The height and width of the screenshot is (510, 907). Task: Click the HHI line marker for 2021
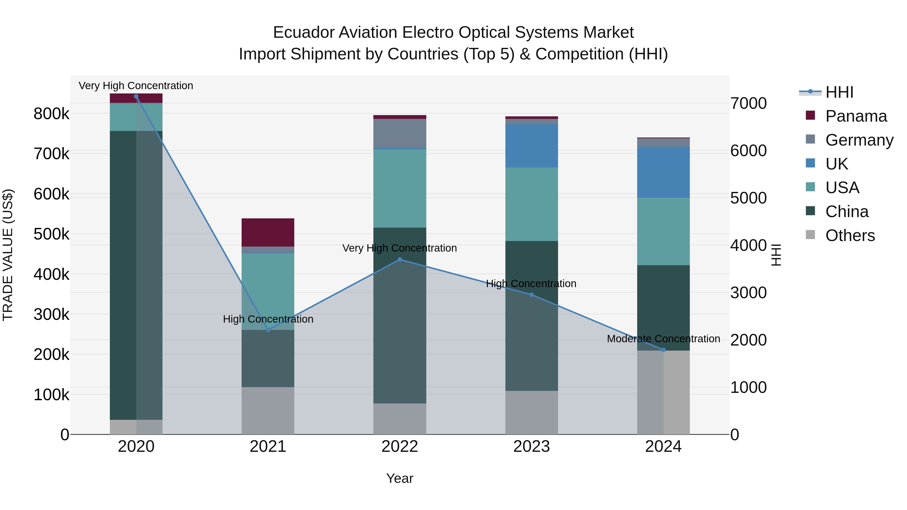click(x=268, y=330)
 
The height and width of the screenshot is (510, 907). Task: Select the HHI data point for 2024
click(x=663, y=350)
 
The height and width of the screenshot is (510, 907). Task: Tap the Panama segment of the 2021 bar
click(x=268, y=232)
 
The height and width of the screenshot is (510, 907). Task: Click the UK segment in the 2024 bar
click(x=663, y=172)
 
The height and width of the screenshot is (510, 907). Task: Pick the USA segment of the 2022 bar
click(x=400, y=188)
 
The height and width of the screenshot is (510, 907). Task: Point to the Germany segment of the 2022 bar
click(x=400, y=134)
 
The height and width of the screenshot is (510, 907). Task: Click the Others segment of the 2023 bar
click(x=532, y=413)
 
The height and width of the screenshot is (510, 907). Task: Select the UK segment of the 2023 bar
click(x=532, y=146)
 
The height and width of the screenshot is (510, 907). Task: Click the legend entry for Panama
click(x=856, y=116)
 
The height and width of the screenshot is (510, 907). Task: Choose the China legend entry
click(x=847, y=212)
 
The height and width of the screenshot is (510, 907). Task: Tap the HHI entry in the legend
click(x=839, y=92)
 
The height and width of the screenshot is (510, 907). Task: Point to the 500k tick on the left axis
click(x=51, y=234)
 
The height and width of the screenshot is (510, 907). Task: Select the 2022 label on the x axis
click(x=400, y=447)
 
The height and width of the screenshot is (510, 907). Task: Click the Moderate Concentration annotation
click(x=663, y=338)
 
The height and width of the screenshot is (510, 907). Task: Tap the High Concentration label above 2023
click(x=531, y=283)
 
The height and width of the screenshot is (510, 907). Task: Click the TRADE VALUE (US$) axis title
click(x=8, y=255)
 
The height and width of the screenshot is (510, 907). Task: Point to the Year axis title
click(x=400, y=478)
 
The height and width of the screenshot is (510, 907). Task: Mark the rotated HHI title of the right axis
click(x=776, y=255)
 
